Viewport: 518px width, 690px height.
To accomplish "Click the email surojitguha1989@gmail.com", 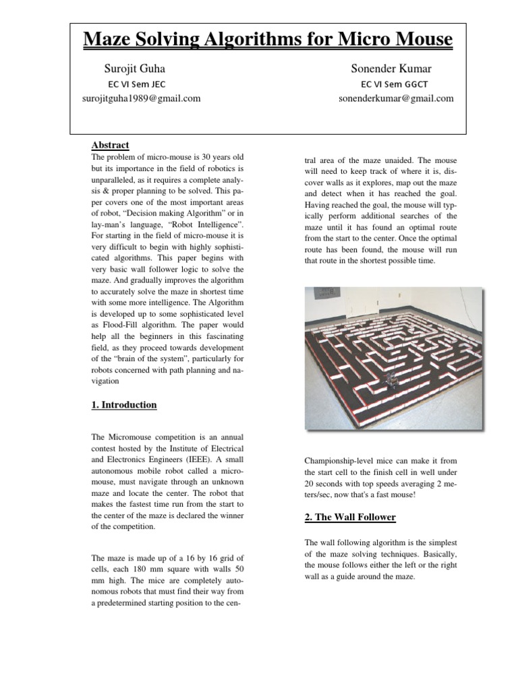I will (140, 98).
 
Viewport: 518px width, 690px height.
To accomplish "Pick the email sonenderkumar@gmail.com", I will (396, 98).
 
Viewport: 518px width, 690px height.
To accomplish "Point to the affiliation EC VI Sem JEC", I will (137, 84).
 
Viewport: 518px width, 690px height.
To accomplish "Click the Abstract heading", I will (110, 146).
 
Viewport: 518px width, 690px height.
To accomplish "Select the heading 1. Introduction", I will (124, 405).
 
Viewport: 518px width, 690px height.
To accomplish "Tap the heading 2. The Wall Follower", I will (350, 517).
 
